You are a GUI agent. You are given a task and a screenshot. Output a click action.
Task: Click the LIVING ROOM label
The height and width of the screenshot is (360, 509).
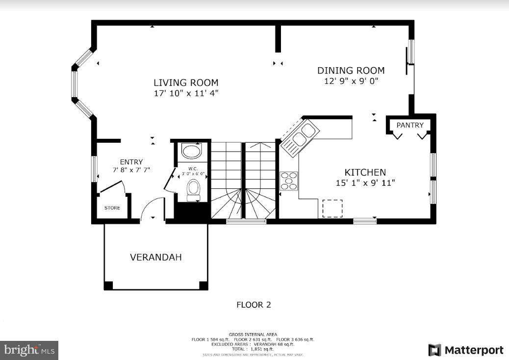click(x=186, y=83)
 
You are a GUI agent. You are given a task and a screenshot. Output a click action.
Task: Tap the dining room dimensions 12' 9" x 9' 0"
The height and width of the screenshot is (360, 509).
click(x=351, y=81)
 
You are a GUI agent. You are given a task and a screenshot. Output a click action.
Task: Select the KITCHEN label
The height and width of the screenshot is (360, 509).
click(x=365, y=173)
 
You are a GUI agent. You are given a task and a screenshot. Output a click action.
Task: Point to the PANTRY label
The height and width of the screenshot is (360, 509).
click(x=409, y=125)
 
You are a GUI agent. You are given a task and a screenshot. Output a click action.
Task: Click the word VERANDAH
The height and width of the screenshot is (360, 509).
click(x=155, y=257)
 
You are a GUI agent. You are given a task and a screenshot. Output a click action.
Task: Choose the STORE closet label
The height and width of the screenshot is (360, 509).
click(x=112, y=208)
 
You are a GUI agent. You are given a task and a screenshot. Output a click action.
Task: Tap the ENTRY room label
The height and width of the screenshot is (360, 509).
click(x=131, y=162)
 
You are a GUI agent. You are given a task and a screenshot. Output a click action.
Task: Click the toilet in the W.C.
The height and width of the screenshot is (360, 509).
click(x=194, y=189)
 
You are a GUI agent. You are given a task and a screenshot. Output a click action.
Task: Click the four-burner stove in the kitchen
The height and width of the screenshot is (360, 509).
click(x=289, y=180)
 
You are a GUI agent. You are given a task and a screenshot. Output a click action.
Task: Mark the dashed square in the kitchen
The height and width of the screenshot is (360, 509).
click(x=332, y=208)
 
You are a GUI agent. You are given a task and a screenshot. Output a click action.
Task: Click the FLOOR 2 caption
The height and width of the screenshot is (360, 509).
click(x=254, y=305)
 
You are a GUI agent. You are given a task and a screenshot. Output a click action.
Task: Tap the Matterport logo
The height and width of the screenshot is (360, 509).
click(x=465, y=350)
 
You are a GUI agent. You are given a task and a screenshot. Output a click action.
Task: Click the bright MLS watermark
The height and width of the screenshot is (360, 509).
click(x=29, y=350)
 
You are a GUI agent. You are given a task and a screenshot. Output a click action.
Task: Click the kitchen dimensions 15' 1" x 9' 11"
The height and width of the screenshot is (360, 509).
click(x=365, y=183)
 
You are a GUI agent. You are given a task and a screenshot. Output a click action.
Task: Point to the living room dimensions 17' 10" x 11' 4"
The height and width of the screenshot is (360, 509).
click(x=186, y=93)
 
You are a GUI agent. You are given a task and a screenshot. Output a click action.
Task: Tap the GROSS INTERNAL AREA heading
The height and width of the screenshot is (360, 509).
click(x=253, y=334)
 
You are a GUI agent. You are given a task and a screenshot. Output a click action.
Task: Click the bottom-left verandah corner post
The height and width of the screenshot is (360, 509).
click(x=108, y=285)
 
